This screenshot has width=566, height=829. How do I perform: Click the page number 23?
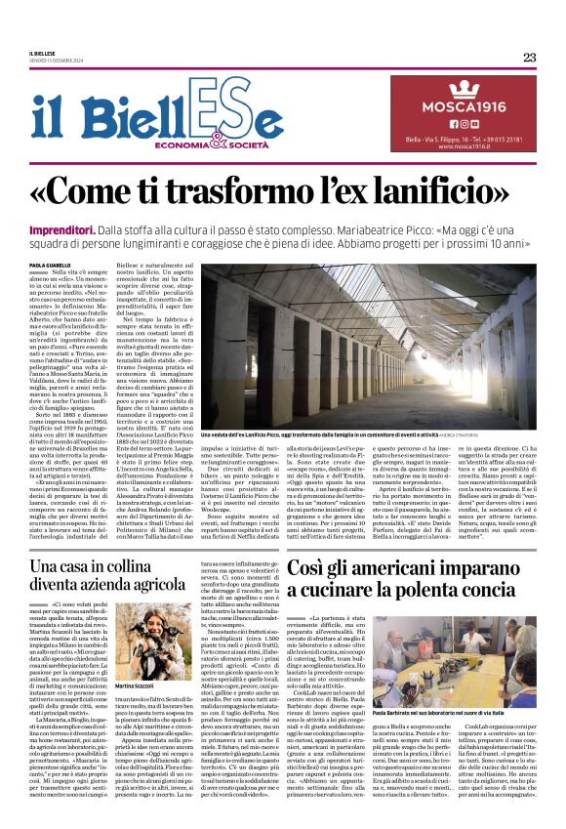click(x=529, y=57)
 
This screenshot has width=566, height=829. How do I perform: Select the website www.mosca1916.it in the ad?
click(x=464, y=146)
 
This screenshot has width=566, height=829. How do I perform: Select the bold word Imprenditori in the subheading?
click(x=61, y=228)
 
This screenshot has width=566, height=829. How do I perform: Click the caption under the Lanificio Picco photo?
click(x=322, y=432)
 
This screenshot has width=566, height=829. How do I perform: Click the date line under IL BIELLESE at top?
click(x=61, y=62)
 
